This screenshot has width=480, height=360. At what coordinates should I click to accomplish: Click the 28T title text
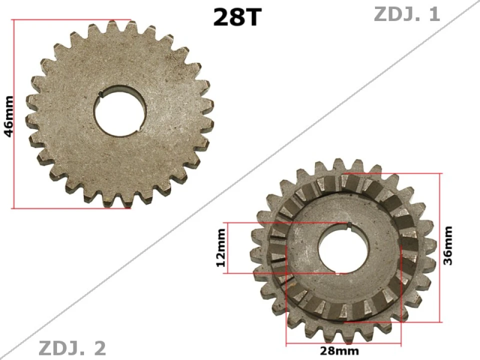tap(237, 17)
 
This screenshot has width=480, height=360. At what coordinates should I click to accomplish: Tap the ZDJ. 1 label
tap(406, 14)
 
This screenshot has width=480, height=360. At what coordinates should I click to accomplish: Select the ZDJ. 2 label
tap(72, 348)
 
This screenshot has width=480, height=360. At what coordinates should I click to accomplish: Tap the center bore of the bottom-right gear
tap(343, 248)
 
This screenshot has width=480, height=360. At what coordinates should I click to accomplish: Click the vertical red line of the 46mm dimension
tap(15, 114)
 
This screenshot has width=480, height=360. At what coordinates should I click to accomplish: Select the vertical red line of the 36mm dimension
tap(440, 248)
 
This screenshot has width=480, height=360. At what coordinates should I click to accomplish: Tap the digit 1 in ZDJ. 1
tap(433, 14)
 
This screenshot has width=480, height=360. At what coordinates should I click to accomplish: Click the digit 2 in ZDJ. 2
tap(100, 348)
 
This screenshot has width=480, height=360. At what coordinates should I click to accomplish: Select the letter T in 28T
tap(252, 17)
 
